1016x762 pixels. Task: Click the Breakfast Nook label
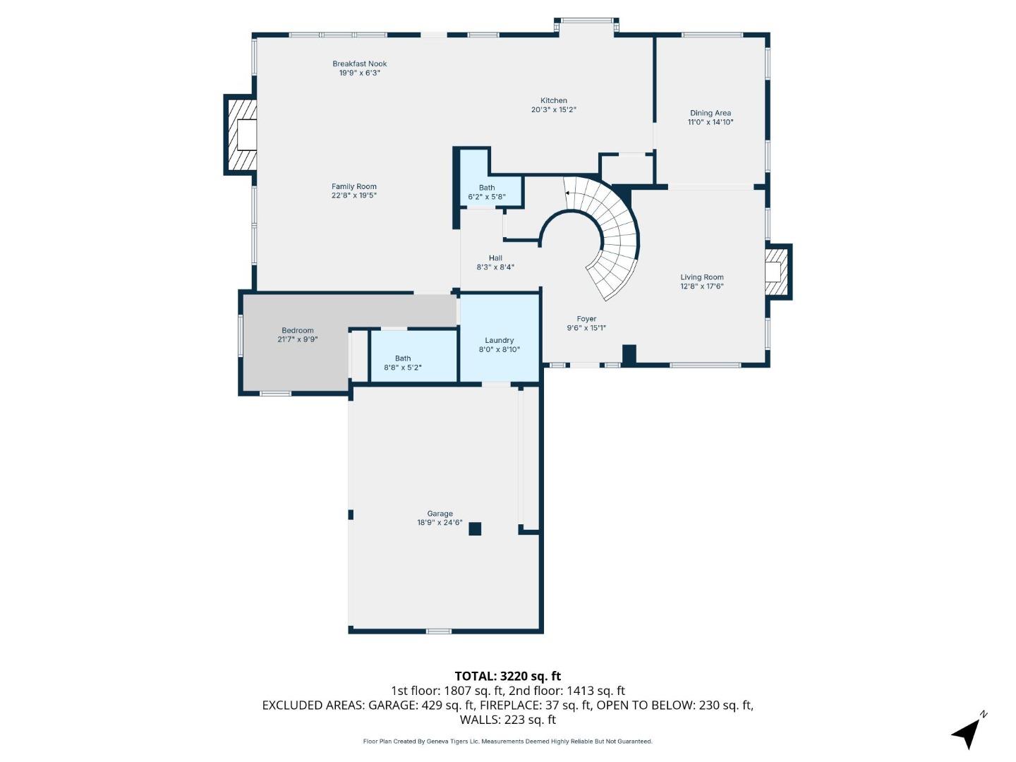click(359, 64)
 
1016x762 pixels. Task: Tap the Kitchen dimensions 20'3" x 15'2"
click(554, 110)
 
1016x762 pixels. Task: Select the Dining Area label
click(710, 113)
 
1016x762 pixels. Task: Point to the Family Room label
click(354, 186)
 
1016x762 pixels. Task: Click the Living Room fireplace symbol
click(777, 272)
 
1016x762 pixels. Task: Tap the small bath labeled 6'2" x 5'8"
click(487, 192)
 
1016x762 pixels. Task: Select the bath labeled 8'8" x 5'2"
click(403, 363)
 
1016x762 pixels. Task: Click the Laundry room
click(500, 344)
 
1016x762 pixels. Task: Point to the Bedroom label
click(298, 330)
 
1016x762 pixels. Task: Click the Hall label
click(495, 258)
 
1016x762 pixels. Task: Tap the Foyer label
click(586, 319)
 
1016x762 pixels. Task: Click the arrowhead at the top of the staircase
click(567, 192)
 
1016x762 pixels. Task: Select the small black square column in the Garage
click(475, 528)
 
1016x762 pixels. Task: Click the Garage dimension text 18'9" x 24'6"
click(440, 523)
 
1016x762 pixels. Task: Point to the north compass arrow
click(967, 732)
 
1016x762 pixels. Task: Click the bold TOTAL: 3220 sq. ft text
click(507, 676)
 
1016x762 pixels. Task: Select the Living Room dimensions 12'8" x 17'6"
click(702, 286)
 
